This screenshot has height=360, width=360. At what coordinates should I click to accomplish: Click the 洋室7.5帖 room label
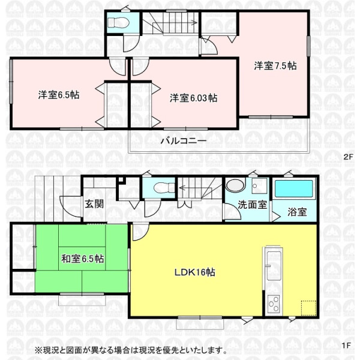275,66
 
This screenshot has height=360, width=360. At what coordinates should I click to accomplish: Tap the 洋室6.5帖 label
59,95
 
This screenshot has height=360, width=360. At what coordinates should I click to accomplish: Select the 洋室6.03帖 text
194,98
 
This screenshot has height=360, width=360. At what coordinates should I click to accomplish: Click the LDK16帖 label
194,272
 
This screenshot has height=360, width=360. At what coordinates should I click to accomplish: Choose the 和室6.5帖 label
83,259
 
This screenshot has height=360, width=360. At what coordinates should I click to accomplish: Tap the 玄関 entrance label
94,204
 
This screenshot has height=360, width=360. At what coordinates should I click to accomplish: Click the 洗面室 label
252,205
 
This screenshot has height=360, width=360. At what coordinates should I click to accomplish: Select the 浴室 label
297,212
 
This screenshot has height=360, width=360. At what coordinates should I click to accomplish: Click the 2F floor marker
347,157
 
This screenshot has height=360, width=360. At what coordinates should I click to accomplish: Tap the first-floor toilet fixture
165,188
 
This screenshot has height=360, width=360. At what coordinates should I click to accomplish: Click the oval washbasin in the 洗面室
235,185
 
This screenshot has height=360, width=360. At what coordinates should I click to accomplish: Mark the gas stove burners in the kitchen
274,304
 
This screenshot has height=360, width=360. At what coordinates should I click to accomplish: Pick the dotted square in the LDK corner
309,308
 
